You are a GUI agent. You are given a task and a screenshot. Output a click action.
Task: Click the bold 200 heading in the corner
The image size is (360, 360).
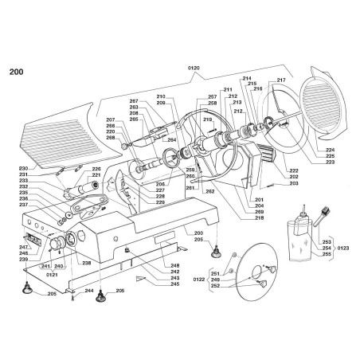pyautogui.click(x=16, y=72)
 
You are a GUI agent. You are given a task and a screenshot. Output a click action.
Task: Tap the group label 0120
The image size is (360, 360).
pyautogui.click(x=194, y=69)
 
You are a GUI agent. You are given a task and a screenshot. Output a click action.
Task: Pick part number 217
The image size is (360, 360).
pyautogui.click(x=280, y=80)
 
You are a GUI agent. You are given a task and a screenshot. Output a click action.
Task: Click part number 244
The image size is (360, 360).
pyautogui.click(x=89, y=292)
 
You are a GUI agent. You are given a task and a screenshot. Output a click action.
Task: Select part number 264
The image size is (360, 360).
pyautogui.click(x=170, y=140)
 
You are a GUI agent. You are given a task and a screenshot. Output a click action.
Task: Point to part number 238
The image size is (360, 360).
pyautogui.click(x=86, y=262)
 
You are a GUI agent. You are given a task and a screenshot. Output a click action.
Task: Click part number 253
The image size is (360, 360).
pyautogui.click(x=327, y=241)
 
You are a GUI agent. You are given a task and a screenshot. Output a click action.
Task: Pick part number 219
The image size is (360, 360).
pyautogui.click(x=208, y=119)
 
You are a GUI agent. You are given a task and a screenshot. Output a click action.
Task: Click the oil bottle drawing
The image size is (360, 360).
pyautogui.click(x=302, y=231)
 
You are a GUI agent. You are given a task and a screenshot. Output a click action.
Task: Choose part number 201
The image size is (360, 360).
pyautogui.click(x=259, y=198)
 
